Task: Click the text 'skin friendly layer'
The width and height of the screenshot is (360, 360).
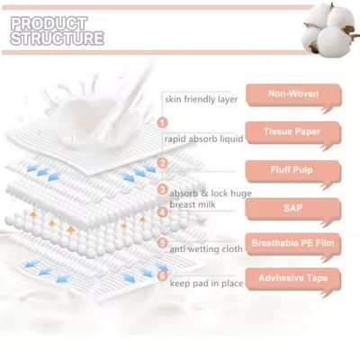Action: click(200, 99)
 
